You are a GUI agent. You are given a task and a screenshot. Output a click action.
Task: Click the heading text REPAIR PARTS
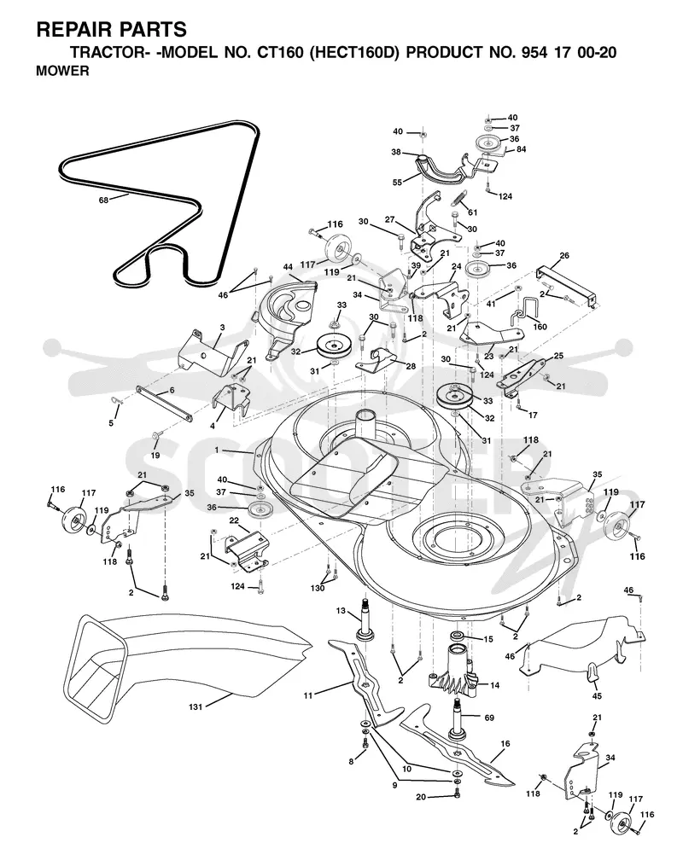point(111,29)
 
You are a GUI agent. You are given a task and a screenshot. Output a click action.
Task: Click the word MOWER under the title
point(62,72)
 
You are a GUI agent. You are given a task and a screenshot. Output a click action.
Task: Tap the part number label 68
point(103,200)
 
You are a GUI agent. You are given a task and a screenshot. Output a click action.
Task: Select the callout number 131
point(195,706)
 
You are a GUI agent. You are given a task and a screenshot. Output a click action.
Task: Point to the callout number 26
point(563,256)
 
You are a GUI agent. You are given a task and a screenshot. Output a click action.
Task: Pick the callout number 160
point(540,327)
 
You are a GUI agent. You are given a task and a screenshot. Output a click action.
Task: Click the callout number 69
point(489,718)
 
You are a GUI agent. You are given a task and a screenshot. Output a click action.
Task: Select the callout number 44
point(288,267)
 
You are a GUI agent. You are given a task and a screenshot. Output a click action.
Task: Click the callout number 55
point(397,183)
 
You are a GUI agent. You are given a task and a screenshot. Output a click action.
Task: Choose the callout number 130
point(318,588)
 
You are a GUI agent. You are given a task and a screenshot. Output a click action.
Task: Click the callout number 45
point(597,696)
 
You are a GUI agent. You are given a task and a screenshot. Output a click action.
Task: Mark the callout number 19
point(155,456)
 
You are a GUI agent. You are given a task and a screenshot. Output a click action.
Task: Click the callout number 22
point(234,520)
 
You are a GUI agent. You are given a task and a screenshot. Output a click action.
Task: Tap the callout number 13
point(341,610)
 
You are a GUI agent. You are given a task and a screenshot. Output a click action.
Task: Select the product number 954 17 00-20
point(569,53)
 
